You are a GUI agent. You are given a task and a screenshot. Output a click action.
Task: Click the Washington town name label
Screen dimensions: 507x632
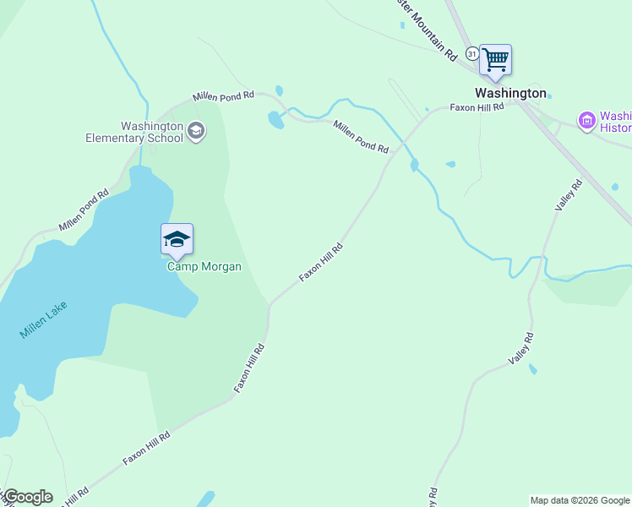510,94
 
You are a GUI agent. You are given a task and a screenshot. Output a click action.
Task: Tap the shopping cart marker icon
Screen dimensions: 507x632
495,60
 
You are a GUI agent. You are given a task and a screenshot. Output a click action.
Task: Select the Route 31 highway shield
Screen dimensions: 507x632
472,53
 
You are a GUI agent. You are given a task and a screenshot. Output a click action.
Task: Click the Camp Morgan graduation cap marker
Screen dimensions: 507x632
177,239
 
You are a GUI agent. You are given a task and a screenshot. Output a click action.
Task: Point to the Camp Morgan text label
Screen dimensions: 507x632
204,267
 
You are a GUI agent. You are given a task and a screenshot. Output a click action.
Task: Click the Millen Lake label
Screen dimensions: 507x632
43,321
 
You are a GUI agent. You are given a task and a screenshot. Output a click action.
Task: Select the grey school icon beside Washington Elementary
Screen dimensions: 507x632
196,130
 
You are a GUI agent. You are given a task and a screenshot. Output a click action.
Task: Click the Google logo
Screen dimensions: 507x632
27,497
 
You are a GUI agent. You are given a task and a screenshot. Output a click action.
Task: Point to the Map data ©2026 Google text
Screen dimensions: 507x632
580,500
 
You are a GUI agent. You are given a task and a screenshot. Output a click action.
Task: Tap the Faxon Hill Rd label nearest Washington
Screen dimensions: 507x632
477,107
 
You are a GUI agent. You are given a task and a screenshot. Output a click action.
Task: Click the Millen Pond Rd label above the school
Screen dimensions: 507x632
223,96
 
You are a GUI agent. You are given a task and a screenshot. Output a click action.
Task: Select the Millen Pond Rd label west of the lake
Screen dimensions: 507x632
84,210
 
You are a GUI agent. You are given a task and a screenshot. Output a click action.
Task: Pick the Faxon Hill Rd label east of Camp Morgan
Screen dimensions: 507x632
321,263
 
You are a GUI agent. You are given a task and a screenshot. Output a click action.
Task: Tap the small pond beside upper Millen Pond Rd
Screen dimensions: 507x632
276,120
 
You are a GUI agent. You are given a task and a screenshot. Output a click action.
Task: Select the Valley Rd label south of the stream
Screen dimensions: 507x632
522,349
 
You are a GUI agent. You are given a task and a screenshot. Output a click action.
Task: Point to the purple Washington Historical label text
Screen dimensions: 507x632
615,123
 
